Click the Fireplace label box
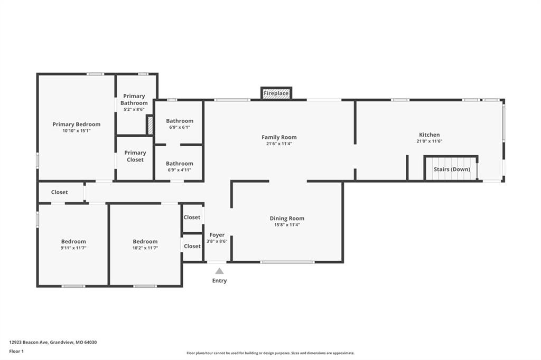[x=276, y=93]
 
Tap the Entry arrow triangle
[x=219, y=271]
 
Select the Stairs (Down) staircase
[x=451, y=168]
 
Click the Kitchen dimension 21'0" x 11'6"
[x=429, y=141]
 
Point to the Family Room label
[x=279, y=137]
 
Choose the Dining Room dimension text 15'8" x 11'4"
[x=287, y=225]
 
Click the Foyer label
[x=217, y=235]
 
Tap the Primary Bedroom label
[x=76, y=124]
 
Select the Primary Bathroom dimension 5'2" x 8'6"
[x=134, y=109]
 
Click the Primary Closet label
[x=135, y=156]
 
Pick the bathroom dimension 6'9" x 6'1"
[x=180, y=127]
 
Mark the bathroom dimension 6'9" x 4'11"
[x=180, y=170]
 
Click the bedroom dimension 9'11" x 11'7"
[x=73, y=248]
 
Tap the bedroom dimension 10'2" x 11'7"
[x=145, y=248]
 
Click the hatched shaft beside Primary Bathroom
[x=150, y=125]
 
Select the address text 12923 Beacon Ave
[x=29, y=343]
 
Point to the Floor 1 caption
[x=16, y=352]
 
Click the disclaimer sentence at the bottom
[x=270, y=353]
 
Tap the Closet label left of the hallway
[x=59, y=192]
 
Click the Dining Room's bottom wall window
[x=287, y=262]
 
